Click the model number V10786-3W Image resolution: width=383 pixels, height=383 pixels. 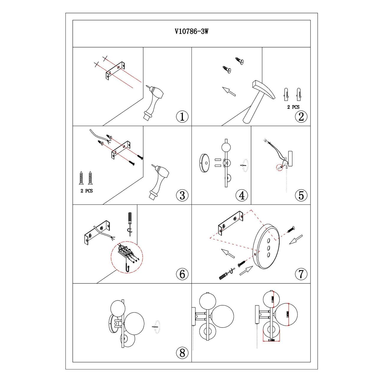click(191, 32)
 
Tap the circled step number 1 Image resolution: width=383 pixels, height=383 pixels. click(182, 117)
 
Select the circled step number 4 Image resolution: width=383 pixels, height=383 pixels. click(242, 195)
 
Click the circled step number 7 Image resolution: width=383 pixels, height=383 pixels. click(301, 274)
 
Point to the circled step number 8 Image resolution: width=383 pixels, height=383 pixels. click(182, 352)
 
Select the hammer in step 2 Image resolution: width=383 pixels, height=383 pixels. click(259, 100)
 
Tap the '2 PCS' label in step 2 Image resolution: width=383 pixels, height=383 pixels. click(293, 107)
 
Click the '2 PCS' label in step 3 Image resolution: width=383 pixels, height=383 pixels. click(87, 191)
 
